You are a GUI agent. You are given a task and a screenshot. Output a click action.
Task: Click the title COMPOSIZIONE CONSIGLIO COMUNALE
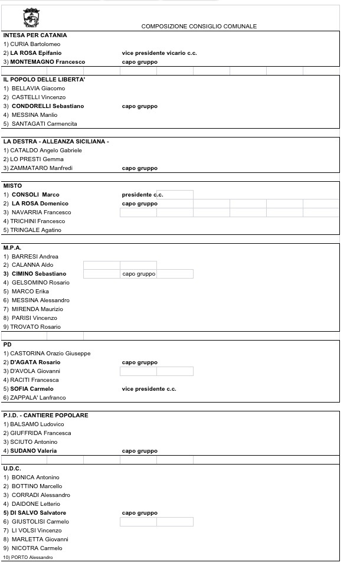(x=199, y=27)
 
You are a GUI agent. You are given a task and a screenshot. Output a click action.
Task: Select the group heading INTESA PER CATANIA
(x=35, y=35)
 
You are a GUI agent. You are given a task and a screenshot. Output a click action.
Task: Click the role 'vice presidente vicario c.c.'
(x=159, y=53)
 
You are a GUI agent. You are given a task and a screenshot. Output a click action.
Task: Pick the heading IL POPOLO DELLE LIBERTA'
(x=44, y=80)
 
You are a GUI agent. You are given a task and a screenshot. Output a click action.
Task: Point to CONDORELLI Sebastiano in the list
(x=47, y=106)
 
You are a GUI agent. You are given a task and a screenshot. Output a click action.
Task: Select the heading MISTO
(x=12, y=186)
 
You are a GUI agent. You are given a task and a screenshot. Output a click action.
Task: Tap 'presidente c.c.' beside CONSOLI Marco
(x=142, y=195)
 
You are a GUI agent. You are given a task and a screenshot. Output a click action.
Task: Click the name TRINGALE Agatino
(x=35, y=230)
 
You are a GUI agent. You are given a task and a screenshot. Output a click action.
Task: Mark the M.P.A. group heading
(x=12, y=248)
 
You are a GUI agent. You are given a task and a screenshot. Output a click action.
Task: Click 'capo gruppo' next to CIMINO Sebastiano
(x=139, y=274)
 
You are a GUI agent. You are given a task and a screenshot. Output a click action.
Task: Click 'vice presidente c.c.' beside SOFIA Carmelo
(x=149, y=389)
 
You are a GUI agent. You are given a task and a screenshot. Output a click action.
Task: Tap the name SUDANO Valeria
(x=34, y=451)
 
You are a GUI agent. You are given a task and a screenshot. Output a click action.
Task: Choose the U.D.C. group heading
(x=12, y=469)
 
